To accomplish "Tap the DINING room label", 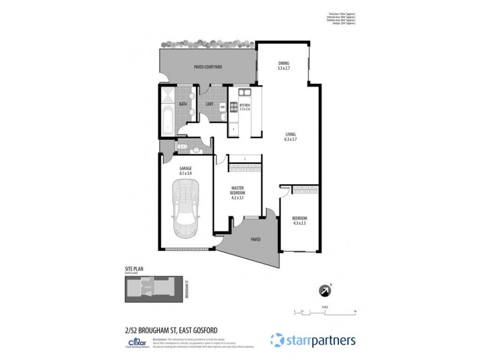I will [284, 65].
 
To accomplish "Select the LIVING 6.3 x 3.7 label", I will [291, 136].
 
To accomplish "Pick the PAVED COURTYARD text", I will [208, 67].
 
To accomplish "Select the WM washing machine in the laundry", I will [222, 107].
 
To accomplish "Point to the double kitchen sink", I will [245, 93].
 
